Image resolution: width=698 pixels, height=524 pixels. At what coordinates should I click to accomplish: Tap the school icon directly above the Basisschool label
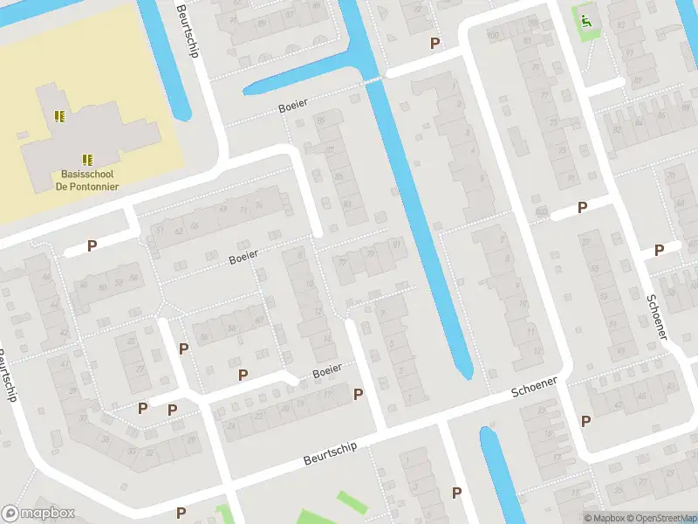point(87,159)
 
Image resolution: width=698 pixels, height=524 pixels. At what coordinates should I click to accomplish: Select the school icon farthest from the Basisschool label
point(59,115)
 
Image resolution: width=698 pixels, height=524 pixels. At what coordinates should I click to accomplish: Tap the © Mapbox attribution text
point(602,518)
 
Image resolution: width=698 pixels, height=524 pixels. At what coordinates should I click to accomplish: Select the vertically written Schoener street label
point(656,315)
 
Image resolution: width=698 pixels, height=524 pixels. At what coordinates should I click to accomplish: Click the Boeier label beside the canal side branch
point(292,104)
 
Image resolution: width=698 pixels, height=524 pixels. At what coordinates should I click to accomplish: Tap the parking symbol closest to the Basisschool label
point(92,245)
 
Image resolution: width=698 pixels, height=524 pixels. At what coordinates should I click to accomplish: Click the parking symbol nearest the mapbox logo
point(181,513)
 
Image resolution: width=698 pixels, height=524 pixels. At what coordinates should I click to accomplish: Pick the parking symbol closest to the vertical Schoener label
point(660,250)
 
